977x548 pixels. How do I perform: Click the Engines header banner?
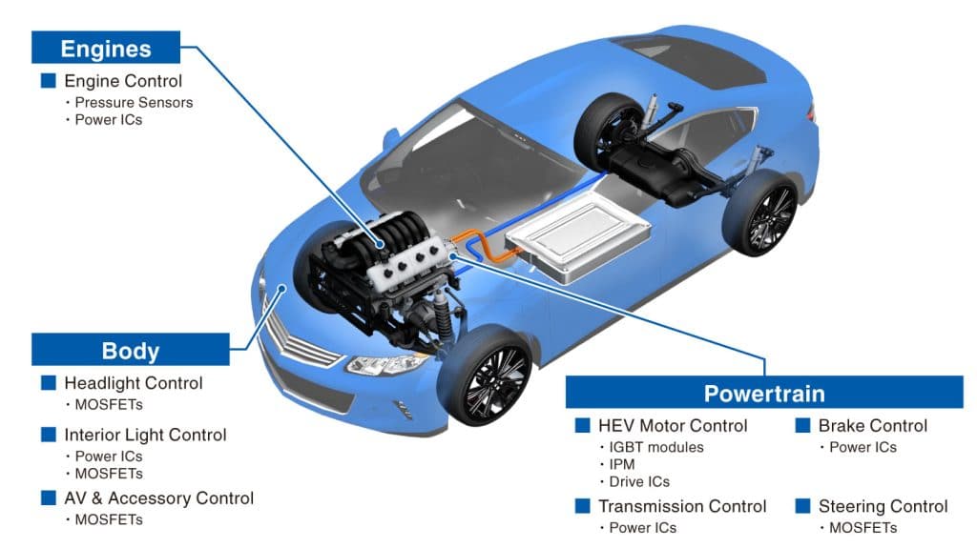[x=106, y=48]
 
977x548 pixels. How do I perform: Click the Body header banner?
[x=131, y=350]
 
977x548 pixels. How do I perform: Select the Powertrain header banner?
[x=763, y=393]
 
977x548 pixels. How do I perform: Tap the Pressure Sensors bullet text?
[x=134, y=102]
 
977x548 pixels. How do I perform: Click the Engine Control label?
[x=122, y=81]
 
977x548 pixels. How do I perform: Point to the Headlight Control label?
[x=133, y=383]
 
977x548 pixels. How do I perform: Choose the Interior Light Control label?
[x=145, y=435]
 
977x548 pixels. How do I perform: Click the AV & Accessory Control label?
[x=158, y=498]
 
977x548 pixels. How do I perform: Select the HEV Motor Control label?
[x=673, y=425]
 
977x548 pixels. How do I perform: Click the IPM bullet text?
[x=622, y=464]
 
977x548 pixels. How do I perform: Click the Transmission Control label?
[x=682, y=506]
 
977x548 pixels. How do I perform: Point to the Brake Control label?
[x=872, y=425]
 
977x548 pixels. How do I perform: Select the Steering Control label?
[x=883, y=506]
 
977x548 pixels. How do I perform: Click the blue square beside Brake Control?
[x=802, y=425]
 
